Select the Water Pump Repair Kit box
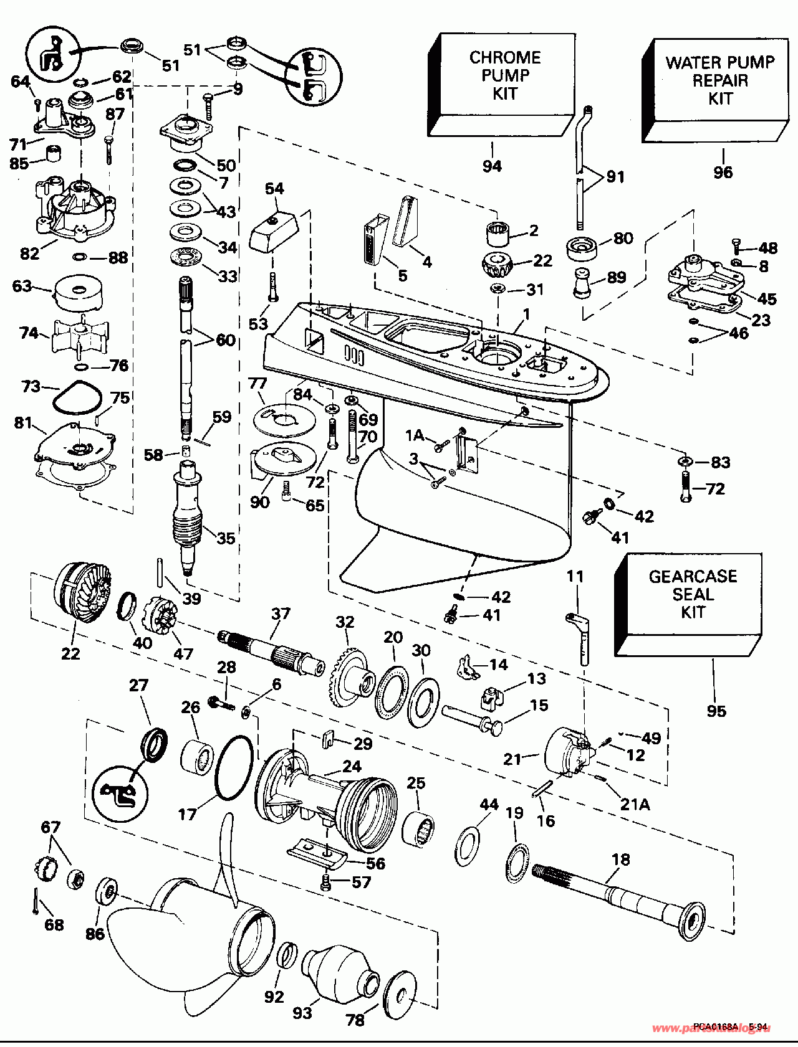717,87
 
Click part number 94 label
492,166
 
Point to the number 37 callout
281,614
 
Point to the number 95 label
716,711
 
